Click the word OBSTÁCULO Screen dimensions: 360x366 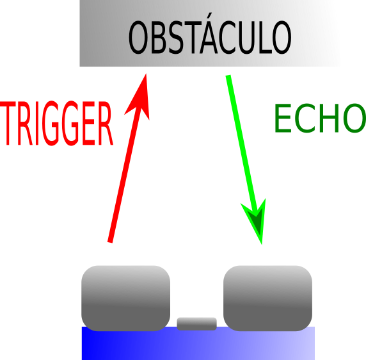tap(210, 38)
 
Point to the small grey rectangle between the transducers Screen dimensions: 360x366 tap(196, 323)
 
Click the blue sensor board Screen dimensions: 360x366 tap(198, 346)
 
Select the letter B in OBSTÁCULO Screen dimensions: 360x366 tap(159, 38)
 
